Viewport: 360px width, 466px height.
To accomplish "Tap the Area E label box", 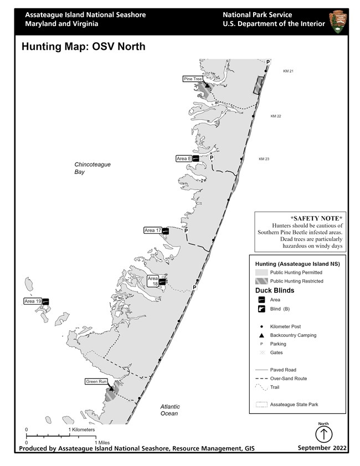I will pos(184,158).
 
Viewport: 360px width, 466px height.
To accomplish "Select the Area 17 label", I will pos(152,230).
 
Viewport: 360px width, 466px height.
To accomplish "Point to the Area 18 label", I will pos(153,280).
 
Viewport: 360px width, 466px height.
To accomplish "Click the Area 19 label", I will pos(33,301).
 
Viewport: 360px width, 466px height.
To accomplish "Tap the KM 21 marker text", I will pos(287,71).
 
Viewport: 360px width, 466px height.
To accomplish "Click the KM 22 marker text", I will pos(276,116).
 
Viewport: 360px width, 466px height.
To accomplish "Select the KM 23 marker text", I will pos(264,159).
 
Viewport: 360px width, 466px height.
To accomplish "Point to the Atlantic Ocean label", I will pos(169,410).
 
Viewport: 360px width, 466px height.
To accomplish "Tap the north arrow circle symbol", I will pos(323,434).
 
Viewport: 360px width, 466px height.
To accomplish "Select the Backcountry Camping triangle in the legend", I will pos(261,335).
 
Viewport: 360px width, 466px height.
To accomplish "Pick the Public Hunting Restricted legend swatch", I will pos(261,281).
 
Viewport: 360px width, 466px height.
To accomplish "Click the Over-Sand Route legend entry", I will pos(288,378).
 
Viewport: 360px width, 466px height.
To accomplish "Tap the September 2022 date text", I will pos(322,448).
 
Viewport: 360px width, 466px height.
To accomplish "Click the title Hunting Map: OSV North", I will pos(83,47).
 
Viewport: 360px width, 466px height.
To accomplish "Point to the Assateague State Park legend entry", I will pos(294,404).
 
